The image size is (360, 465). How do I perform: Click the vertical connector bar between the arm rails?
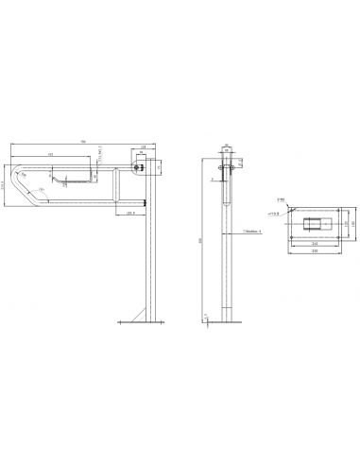(114, 186)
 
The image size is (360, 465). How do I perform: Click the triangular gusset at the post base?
(141, 313)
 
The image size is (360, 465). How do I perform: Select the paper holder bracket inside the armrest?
(72, 177)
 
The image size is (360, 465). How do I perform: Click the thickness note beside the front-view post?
(251, 230)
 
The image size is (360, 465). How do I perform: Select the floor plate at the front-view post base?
(227, 320)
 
